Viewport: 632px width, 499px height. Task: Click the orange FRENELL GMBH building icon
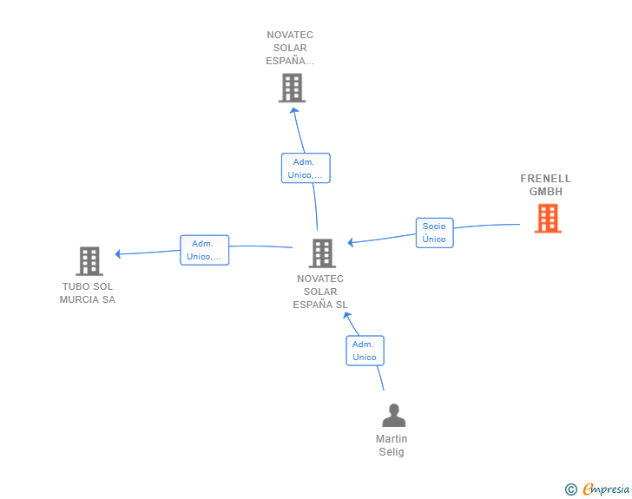548,219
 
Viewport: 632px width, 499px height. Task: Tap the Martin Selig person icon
394,416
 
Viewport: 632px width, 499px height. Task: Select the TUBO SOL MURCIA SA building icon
89,261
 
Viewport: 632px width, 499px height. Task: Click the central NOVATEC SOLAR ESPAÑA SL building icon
322,253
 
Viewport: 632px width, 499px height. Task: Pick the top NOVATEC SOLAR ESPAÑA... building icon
292,88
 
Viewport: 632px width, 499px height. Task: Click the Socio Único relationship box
434,233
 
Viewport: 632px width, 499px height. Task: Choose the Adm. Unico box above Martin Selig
365,351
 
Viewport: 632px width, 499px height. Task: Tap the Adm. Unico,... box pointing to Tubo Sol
204,250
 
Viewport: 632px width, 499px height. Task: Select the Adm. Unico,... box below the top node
306,168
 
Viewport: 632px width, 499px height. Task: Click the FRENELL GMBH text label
546,185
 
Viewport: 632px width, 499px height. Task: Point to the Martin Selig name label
392,445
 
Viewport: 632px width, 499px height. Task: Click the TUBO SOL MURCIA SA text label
87,293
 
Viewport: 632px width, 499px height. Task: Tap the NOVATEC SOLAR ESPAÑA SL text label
320,292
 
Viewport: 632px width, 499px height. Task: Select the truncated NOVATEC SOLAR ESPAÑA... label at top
290,49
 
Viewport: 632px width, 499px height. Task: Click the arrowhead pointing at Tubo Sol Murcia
119,254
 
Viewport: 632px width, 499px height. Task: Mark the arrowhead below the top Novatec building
293,110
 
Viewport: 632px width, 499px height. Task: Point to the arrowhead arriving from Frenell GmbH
351,243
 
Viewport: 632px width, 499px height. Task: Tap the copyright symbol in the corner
570,489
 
